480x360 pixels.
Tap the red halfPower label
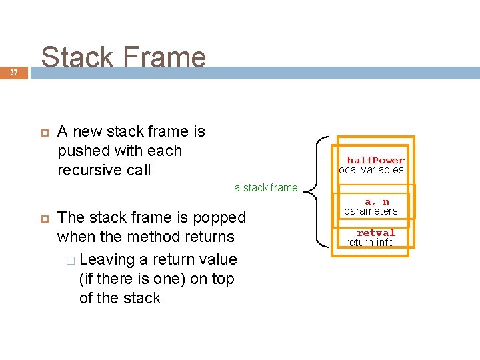coord(375,160)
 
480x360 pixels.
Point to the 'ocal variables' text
coord(371,170)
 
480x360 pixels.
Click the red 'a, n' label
coord(377,201)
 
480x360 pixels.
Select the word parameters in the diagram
coord(371,211)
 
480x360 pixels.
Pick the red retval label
coord(376,233)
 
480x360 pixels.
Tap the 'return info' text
coord(370,243)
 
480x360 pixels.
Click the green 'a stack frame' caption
coord(266,187)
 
